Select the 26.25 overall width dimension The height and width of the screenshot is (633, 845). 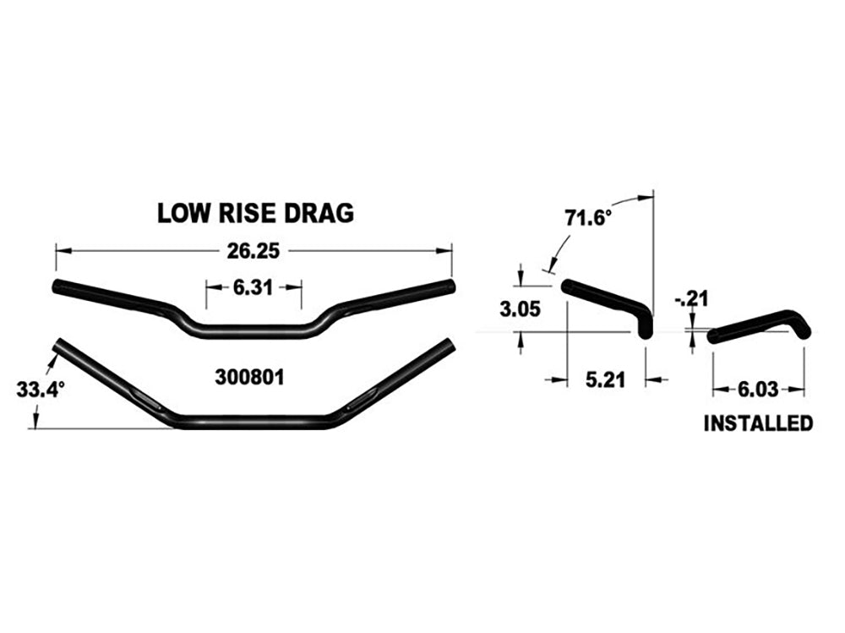pos(253,250)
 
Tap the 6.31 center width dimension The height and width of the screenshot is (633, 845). pos(253,287)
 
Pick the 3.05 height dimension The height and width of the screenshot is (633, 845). pos(517,309)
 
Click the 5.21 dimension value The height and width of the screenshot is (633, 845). pos(605,380)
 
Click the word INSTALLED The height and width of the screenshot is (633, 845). pos(758,423)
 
